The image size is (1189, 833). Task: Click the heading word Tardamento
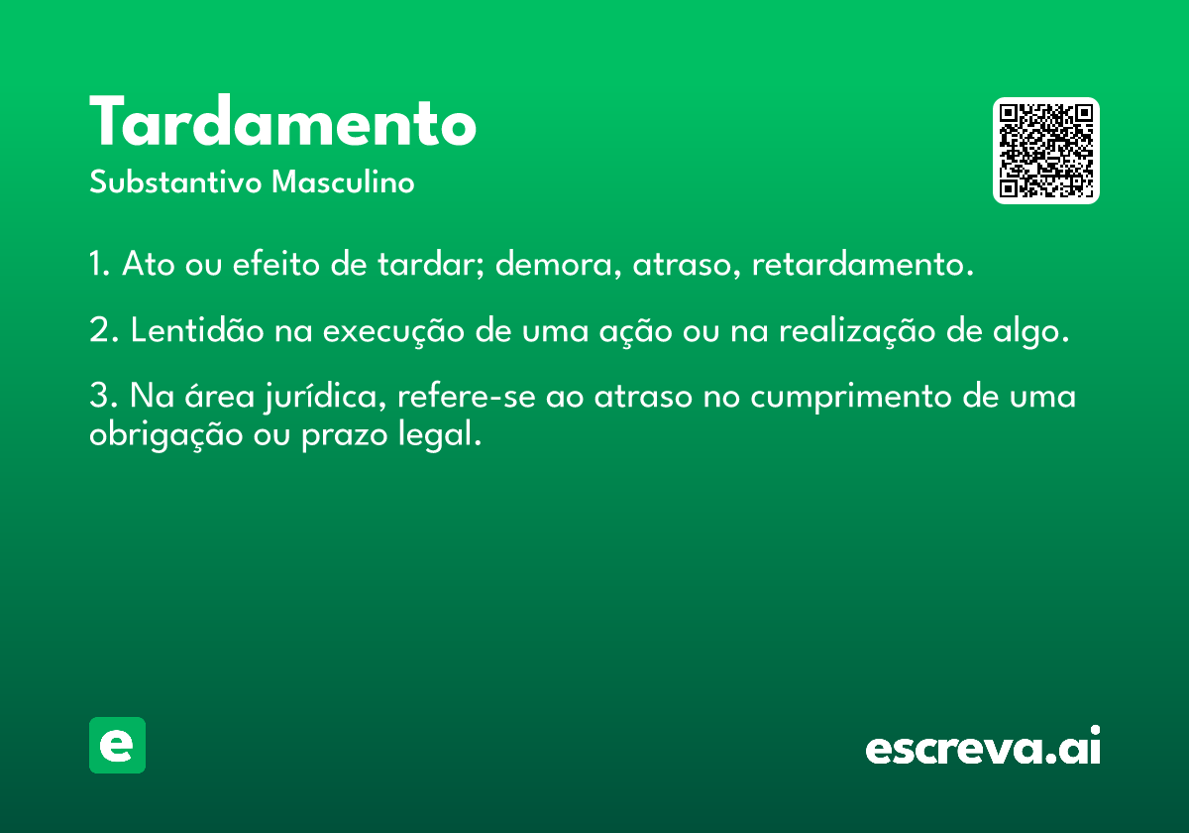283,124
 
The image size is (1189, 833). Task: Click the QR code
1046,151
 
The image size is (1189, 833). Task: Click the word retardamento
857,266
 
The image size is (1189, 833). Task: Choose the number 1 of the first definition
97,266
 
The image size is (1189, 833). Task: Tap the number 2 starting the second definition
99,331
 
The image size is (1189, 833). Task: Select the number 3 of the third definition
99,397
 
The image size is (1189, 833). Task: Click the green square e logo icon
117,745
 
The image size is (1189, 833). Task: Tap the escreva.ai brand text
983,747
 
